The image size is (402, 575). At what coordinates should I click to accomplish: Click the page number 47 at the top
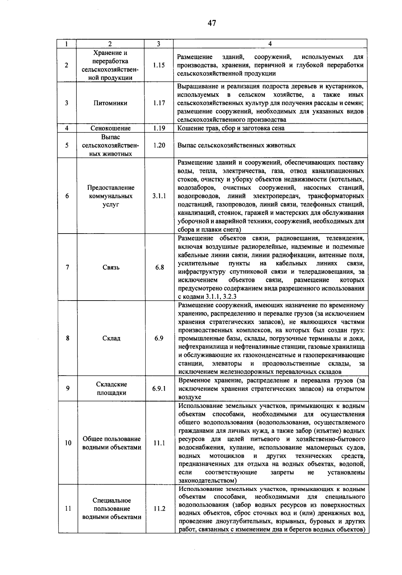tap(211, 23)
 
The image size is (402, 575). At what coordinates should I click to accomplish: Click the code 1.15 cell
tap(159, 65)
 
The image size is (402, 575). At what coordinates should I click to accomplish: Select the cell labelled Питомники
tap(110, 103)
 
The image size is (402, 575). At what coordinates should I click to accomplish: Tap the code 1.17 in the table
tap(159, 103)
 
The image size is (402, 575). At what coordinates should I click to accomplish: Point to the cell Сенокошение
tap(111, 128)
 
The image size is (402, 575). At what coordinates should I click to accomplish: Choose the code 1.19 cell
tap(159, 128)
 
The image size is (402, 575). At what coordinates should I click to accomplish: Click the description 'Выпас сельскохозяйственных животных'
tap(236, 145)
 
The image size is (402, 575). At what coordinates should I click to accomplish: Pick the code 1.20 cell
tap(159, 145)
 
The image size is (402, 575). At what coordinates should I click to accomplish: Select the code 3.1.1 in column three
tap(159, 196)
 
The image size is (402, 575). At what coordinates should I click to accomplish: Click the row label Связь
tap(111, 267)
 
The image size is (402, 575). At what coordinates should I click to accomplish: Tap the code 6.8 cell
tap(159, 267)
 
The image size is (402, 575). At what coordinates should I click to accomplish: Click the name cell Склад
tap(111, 338)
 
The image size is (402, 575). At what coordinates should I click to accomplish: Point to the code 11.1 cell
tap(159, 443)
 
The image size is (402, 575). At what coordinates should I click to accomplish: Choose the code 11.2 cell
tap(159, 509)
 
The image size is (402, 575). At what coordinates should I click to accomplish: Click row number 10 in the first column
tap(68, 443)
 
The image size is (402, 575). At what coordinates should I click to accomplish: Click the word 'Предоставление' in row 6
tap(111, 188)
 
